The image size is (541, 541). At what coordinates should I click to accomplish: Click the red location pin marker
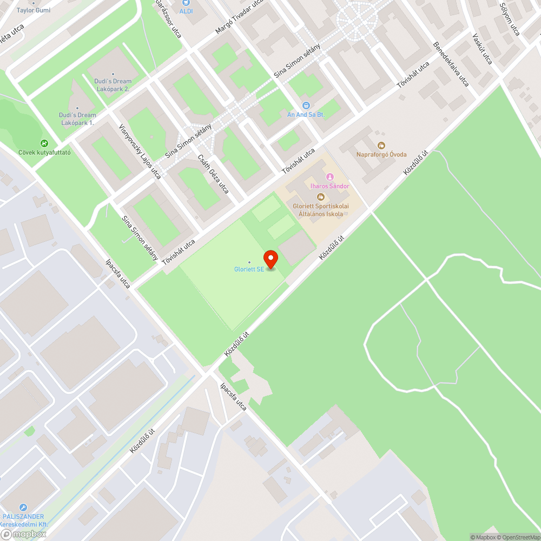[270, 259]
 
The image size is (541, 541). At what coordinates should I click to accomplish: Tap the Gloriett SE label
[249, 269]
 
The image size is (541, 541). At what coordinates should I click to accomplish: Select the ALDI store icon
[187, 10]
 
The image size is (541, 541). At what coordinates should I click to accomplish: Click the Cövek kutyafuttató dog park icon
[44, 144]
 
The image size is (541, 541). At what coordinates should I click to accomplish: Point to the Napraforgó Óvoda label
[381, 154]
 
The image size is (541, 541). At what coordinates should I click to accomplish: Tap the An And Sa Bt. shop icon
[306, 105]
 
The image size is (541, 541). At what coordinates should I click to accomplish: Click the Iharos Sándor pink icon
[329, 177]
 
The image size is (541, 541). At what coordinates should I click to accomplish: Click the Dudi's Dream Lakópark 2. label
[113, 84]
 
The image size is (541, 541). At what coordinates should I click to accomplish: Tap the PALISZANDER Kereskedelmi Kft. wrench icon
[23, 507]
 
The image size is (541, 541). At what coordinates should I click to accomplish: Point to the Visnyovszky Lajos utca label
[140, 151]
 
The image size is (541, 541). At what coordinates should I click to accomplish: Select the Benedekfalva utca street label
[451, 64]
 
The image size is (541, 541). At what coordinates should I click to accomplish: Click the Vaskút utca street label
[482, 49]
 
